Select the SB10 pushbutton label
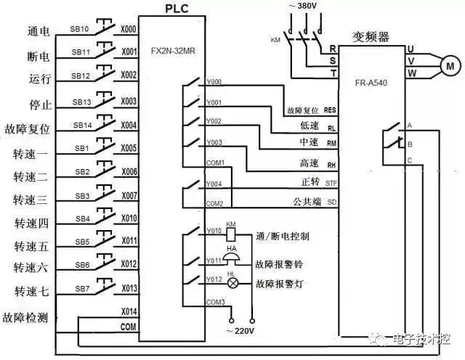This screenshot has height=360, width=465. click(x=80, y=30)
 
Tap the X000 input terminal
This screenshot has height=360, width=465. click(x=129, y=30)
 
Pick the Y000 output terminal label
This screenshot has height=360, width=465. click(x=214, y=83)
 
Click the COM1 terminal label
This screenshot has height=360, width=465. click(x=216, y=163)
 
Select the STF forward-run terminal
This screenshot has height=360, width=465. click(x=331, y=183)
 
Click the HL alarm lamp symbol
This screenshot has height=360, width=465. click(x=232, y=284)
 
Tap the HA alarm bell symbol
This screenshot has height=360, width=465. click(x=232, y=260)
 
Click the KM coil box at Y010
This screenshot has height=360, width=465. click(x=232, y=234)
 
